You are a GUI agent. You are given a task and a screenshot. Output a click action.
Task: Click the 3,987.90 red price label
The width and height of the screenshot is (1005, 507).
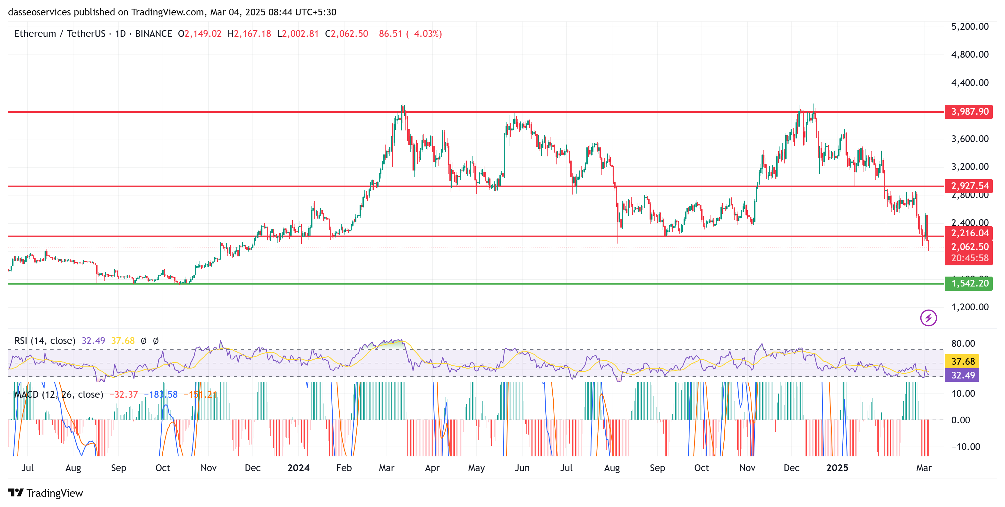pyautogui.click(x=969, y=112)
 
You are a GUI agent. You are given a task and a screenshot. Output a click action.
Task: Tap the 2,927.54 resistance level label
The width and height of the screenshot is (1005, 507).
pyautogui.click(x=969, y=186)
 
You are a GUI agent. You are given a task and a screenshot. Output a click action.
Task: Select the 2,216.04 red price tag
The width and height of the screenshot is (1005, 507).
pyautogui.click(x=969, y=233)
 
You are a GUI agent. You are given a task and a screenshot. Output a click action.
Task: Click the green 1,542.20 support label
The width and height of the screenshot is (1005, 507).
pyautogui.click(x=969, y=283)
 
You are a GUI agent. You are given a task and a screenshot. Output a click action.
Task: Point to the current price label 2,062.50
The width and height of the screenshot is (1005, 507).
pyautogui.click(x=969, y=247)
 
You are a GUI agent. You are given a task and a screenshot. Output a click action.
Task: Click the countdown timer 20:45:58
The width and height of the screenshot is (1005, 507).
pyautogui.click(x=969, y=258)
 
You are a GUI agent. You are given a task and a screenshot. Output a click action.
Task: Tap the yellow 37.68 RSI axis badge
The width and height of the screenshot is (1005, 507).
pyautogui.click(x=962, y=361)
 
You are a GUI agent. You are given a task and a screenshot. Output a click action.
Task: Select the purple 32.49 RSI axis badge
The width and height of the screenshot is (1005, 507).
pyautogui.click(x=962, y=375)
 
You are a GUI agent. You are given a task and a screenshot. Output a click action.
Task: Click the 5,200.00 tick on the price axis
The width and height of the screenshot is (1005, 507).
pyautogui.click(x=969, y=27)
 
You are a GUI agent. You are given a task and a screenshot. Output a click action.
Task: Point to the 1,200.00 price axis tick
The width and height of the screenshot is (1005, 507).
pyautogui.click(x=969, y=307)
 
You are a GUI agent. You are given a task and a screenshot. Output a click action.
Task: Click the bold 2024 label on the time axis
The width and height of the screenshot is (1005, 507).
pyautogui.click(x=298, y=468)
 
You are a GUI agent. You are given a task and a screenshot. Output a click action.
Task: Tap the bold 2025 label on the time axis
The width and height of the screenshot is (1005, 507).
pyautogui.click(x=837, y=468)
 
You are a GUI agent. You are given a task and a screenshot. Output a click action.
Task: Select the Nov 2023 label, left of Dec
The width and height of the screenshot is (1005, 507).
pyautogui.click(x=208, y=468)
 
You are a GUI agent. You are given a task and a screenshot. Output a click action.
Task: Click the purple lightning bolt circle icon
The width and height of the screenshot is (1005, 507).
pyautogui.click(x=928, y=318)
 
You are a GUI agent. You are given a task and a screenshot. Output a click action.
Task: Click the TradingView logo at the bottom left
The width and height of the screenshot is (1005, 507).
pyautogui.click(x=46, y=493)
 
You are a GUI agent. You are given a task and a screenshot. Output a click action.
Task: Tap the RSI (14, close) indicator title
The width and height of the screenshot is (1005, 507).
pyautogui.click(x=45, y=341)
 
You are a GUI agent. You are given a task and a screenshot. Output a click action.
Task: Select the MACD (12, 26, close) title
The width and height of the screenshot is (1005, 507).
pyautogui.click(x=58, y=395)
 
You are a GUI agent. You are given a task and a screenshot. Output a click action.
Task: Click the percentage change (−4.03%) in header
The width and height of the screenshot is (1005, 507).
pyautogui.click(x=424, y=34)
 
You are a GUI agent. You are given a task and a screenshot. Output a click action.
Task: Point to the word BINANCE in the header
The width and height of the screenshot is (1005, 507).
pyautogui.click(x=153, y=34)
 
